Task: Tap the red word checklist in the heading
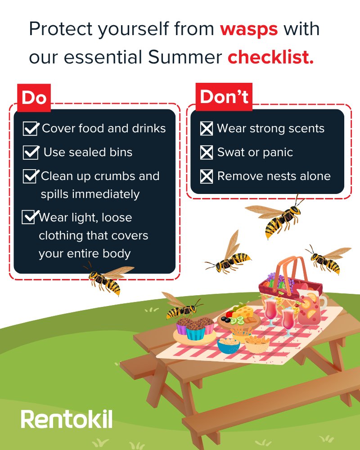[270, 58]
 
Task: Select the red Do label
[34, 97]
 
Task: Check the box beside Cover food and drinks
[31, 129]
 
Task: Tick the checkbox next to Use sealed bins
[31, 153]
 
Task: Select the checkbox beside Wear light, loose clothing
[29, 217]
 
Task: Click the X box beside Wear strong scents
[206, 129]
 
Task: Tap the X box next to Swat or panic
[206, 153]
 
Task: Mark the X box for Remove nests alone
[206, 176]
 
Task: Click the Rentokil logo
[66, 418]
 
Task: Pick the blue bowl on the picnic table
[228, 345]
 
